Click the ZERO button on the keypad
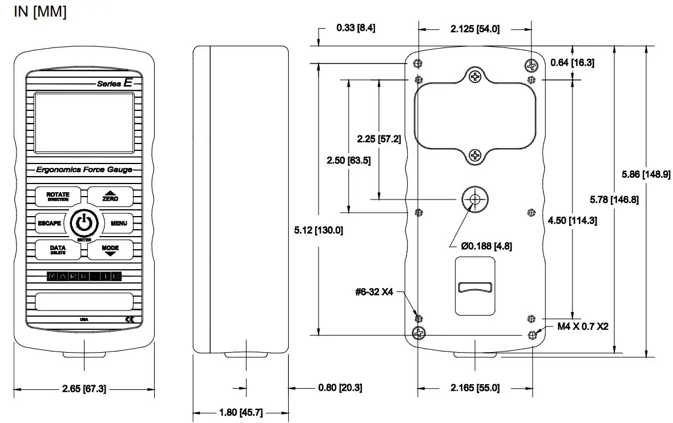pos(110,196)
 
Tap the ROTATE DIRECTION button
pos(58,196)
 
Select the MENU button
pos(118,223)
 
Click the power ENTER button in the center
pos(84,223)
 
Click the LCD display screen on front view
pos(84,123)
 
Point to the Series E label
pos(114,83)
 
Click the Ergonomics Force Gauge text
pos(84,170)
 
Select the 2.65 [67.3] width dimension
pos(84,389)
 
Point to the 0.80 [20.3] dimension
pos(340,388)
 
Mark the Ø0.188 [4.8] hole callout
pos(486,246)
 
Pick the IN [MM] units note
pos(40,12)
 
